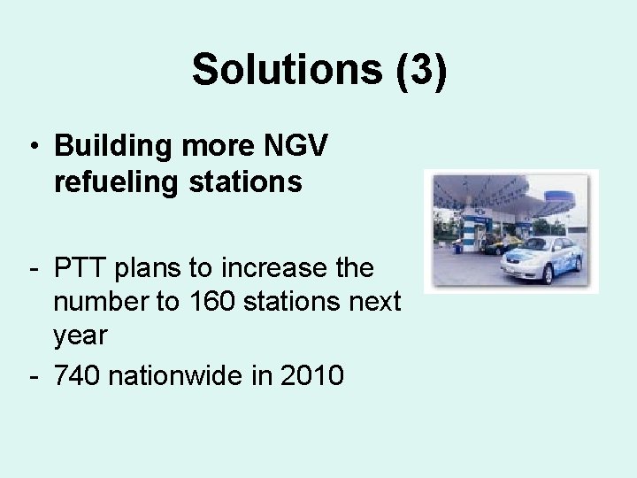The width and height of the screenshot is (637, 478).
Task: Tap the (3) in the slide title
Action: point(422,69)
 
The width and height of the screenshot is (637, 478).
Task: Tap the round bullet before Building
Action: point(33,147)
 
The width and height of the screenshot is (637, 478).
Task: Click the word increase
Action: point(275,266)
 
